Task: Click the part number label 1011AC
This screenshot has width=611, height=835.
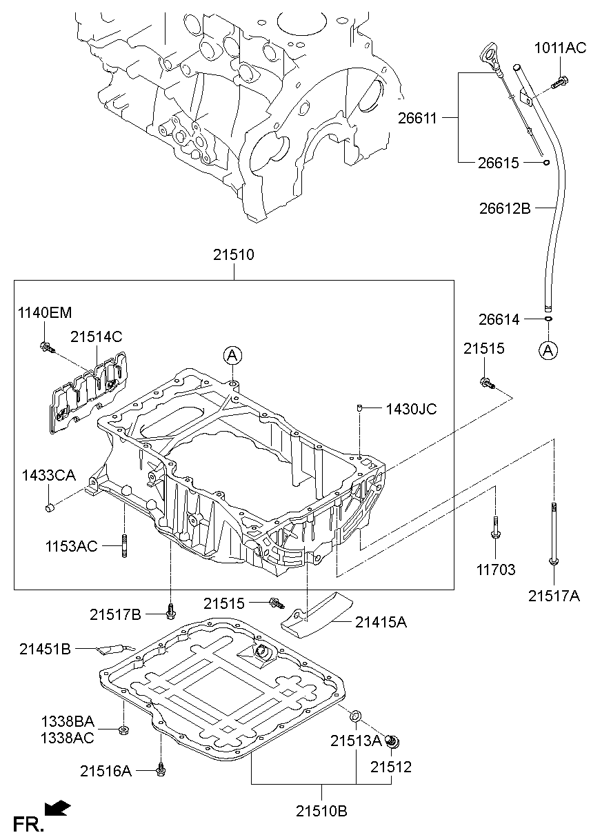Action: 561,48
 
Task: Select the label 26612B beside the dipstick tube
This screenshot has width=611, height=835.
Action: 505,208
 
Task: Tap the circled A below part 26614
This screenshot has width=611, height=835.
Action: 548,350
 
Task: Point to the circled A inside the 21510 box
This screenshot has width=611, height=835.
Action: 232,355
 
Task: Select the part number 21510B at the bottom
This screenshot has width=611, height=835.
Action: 322,811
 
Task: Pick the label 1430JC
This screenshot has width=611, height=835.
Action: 410,409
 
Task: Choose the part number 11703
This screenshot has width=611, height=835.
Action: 496,570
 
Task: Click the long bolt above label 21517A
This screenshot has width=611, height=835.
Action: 553,534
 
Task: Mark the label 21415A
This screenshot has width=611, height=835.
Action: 381,623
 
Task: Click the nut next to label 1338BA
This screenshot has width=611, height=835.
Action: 123,730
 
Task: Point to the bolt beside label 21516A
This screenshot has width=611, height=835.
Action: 161,769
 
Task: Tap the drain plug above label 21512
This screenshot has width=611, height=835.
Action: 393,743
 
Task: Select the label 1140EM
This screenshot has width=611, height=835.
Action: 44,312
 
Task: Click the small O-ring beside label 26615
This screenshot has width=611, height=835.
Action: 545,163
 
